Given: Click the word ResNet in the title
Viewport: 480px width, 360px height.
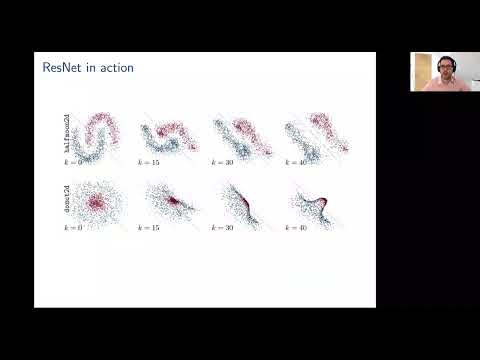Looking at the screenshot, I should point(62,67).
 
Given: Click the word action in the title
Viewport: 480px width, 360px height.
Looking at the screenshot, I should point(115,67).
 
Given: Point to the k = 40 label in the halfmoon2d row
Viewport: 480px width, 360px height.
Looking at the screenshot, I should point(297,160).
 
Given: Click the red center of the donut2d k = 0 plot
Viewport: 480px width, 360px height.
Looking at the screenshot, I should point(101,201).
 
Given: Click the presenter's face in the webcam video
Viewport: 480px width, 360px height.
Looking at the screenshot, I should point(440,71).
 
